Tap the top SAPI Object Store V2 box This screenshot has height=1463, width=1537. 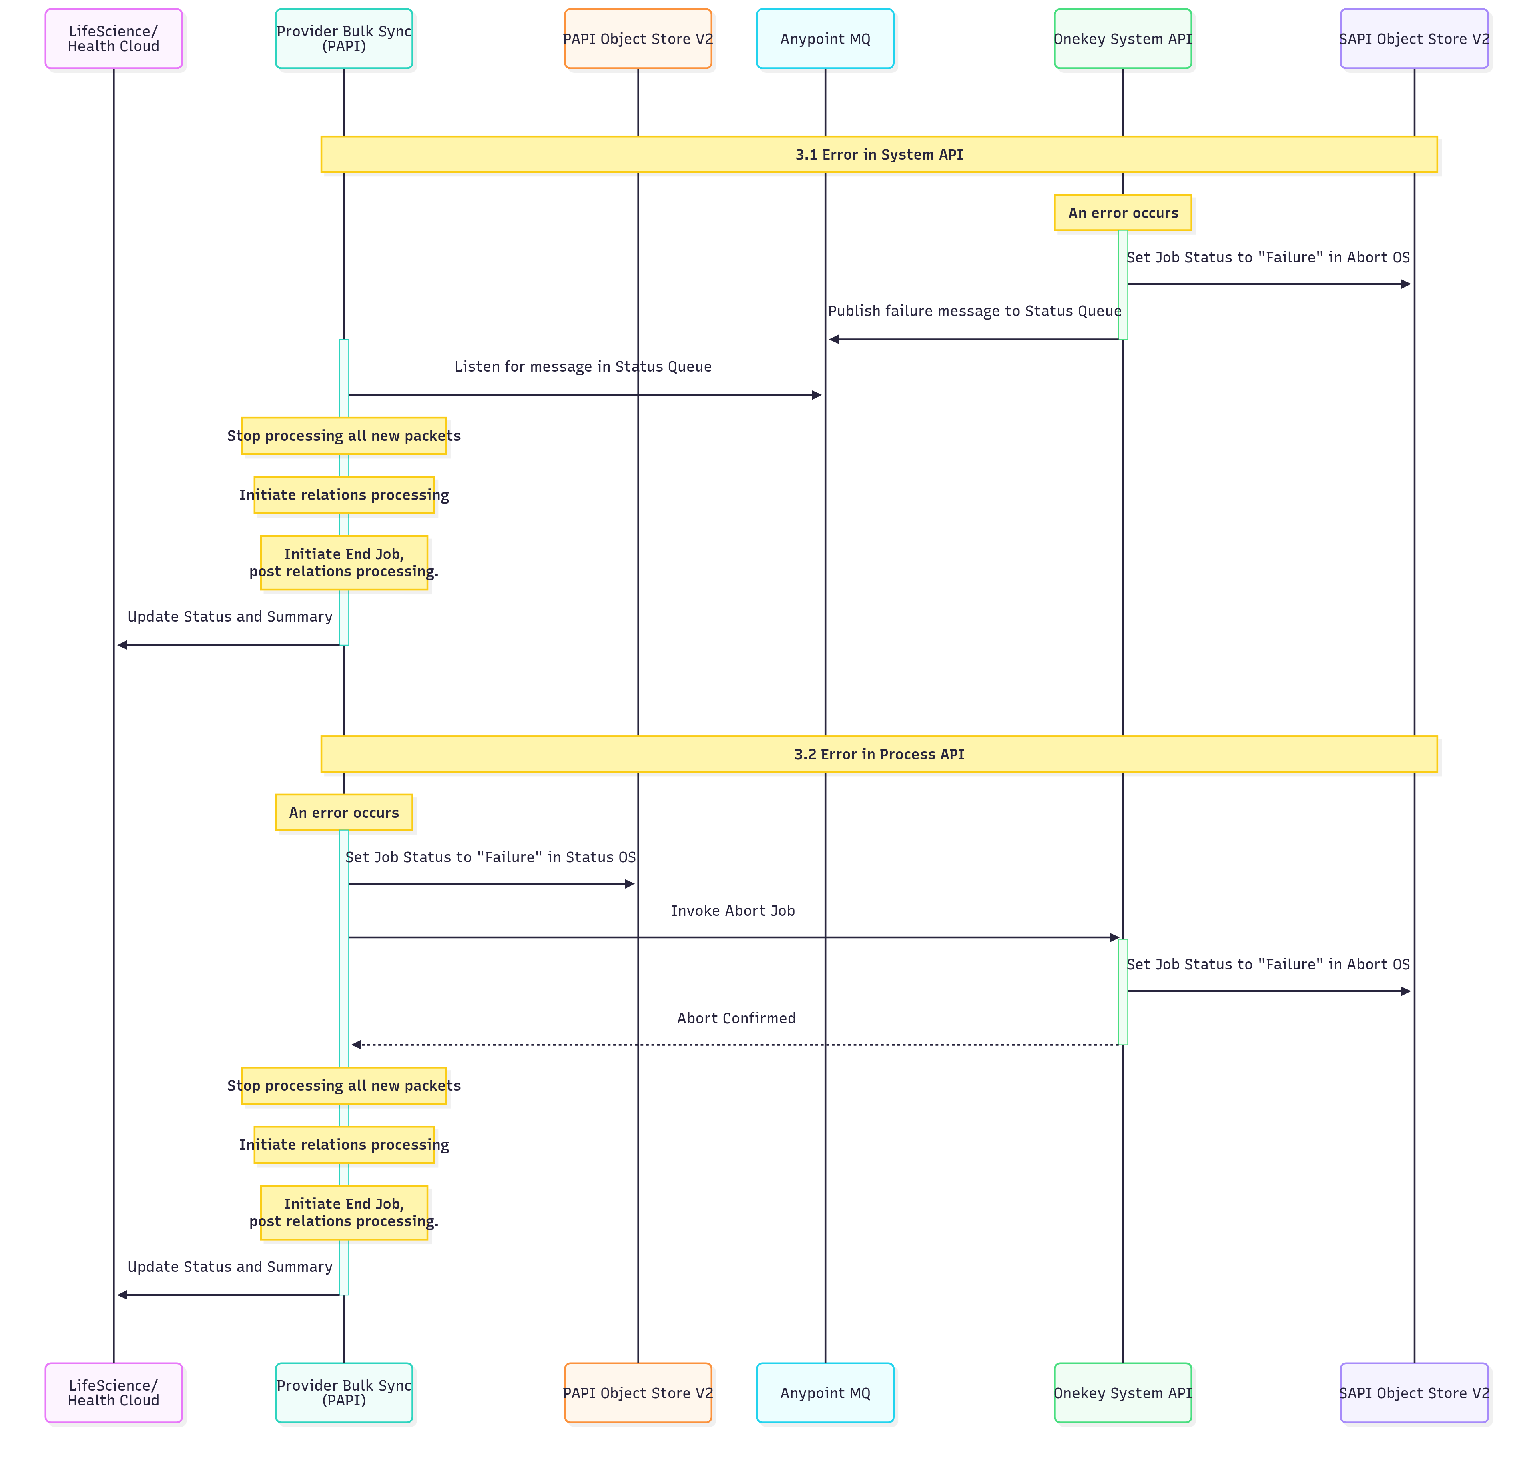tap(1414, 39)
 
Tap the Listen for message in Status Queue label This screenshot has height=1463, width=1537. tap(583, 366)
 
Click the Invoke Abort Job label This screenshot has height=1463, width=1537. tap(732, 911)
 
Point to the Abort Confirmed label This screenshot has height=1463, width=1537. tap(736, 1019)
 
